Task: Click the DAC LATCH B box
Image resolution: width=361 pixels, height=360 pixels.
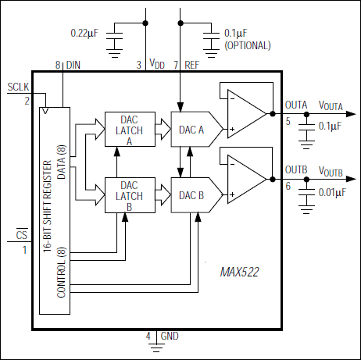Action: pyautogui.click(x=130, y=194)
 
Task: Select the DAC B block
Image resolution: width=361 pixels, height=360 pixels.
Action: pyautogui.click(x=191, y=194)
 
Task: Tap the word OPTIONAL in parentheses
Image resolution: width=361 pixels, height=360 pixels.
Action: pyautogui.click(x=247, y=45)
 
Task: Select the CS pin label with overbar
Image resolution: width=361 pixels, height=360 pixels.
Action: pyautogui.click(x=23, y=235)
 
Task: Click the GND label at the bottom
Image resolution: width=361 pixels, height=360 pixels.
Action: pyautogui.click(x=169, y=337)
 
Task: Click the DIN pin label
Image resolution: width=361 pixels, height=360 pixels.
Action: pyautogui.click(x=74, y=65)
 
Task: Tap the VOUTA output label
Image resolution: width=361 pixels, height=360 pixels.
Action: pyautogui.click(x=331, y=105)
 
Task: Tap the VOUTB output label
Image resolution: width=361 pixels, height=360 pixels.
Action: pyautogui.click(x=331, y=172)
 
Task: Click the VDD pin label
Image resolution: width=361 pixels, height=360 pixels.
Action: pyautogui.click(x=157, y=66)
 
